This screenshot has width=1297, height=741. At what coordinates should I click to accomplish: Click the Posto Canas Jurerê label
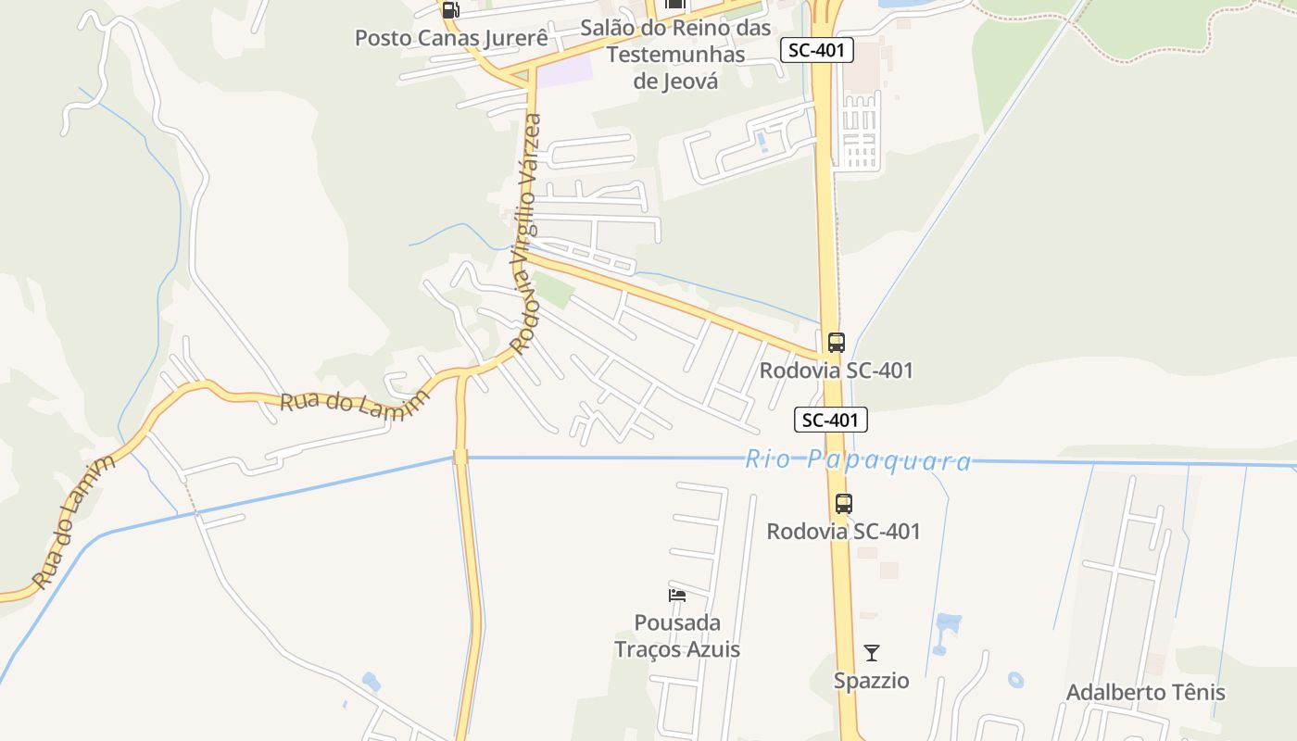451,38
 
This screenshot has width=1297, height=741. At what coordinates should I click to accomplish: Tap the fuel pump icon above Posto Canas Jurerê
450,10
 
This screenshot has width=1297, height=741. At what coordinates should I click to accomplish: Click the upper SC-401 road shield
816,50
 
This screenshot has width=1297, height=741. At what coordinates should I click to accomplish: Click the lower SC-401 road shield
831,420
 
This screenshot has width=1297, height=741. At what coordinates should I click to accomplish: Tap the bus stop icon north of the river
836,342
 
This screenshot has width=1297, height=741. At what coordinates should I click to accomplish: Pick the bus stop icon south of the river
843,504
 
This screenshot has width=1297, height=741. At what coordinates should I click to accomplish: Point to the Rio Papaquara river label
858,460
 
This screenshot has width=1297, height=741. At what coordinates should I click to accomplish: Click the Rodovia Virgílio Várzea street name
525,233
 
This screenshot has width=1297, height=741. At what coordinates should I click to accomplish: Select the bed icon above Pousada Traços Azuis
677,595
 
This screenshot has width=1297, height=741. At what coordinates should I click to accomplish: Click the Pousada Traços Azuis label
677,635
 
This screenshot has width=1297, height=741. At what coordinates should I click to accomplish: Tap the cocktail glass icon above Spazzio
871,653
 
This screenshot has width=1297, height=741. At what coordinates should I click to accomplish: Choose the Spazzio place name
871,681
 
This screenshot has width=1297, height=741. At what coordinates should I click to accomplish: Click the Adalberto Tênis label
1145,692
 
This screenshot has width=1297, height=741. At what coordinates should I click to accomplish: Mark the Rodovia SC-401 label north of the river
836,370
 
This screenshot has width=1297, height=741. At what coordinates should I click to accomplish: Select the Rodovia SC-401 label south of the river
843,532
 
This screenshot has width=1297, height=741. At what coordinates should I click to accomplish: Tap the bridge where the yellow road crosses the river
460,457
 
